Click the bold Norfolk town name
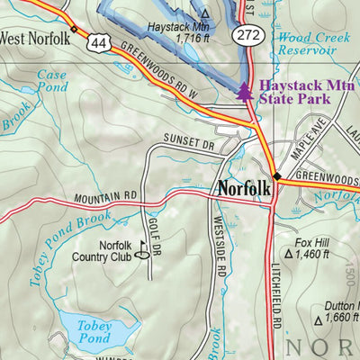[x=242, y=189]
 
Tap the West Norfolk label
[x=35, y=37]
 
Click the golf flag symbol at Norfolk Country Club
[x=141, y=247]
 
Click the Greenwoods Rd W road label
[x=163, y=73]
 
